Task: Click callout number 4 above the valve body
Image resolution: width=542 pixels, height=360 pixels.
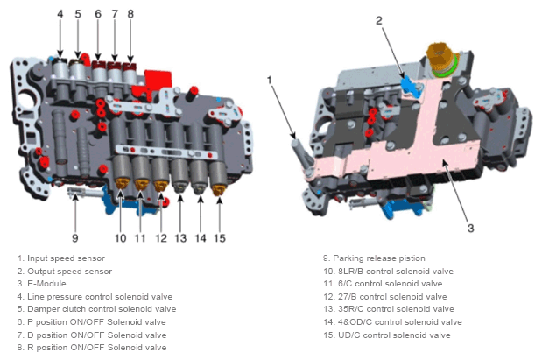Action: pos(60,14)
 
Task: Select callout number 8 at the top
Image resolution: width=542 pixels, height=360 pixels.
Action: pos(130,14)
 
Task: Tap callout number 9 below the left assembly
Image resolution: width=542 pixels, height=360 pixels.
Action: pos(75,238)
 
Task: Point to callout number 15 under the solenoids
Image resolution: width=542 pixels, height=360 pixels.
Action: pos(220,238)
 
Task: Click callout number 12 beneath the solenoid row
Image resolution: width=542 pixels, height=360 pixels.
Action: pos(161,238)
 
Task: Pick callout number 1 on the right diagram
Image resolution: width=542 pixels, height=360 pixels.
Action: pos(270,81)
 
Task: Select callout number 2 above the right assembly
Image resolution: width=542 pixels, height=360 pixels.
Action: pos(379,20)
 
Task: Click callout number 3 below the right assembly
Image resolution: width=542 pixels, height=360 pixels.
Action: pos(471,229)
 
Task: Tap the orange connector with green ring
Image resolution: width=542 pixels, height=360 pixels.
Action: pos(440,59)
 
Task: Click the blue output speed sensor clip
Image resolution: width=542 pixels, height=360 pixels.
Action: pos(411,86)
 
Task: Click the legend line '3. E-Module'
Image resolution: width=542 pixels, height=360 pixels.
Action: pos(41,284)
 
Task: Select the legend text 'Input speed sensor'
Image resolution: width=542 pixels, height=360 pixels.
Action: pos(66,258)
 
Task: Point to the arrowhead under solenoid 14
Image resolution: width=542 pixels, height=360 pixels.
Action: pos(201,200)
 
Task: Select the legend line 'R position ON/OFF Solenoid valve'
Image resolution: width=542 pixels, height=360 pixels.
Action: pos(92,348)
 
